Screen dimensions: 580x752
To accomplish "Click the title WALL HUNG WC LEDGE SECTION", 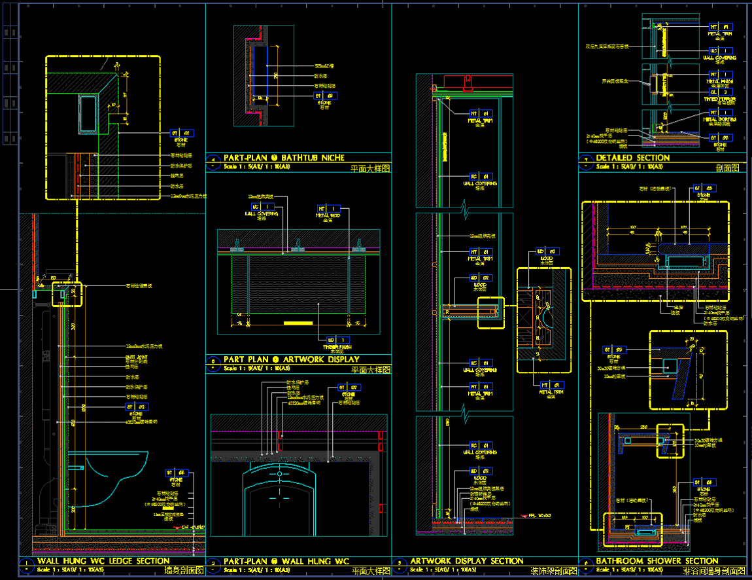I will pos(103,561).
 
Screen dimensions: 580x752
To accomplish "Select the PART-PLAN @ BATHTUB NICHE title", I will pos(284,158).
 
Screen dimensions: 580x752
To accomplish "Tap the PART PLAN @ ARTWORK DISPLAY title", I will pos(291,359).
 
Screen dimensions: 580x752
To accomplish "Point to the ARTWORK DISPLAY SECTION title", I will pos(466,561).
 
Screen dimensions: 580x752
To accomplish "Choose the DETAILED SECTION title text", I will pos(632,158).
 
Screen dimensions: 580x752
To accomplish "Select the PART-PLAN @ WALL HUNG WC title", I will pos(286,561).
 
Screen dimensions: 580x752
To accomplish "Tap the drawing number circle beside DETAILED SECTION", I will pos(587,158).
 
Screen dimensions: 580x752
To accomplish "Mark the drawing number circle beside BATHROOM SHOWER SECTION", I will pos(587,562).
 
